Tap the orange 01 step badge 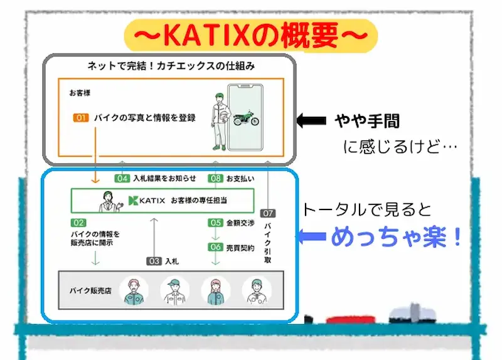point(81,118)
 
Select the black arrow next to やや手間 point(312,120)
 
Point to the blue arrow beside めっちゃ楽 point(312,238)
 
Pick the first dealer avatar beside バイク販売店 point(134,291)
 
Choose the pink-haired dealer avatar point(215,291)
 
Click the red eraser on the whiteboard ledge point(328,319)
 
